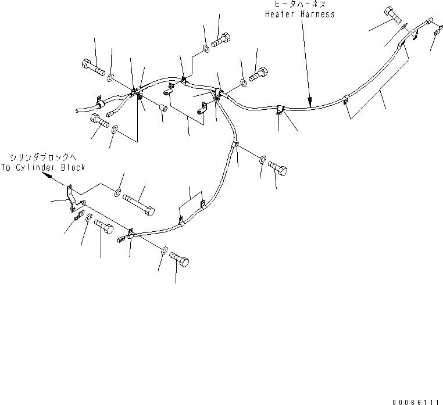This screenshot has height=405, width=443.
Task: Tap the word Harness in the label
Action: (x=317, y=14)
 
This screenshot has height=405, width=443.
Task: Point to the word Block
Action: (x=73, y=167)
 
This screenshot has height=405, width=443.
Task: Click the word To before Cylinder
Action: (x=6, y=167)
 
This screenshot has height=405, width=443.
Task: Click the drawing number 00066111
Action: (x=416, y=402)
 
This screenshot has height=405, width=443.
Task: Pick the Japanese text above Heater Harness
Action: (x=300, y=4)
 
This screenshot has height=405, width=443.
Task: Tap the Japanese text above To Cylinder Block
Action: (x=43, y=157)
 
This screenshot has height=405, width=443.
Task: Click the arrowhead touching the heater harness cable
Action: (x=310, y=101)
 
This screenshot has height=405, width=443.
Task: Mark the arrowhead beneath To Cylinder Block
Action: (x=47, y=176)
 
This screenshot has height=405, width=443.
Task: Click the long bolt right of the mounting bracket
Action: (x=139, y=205)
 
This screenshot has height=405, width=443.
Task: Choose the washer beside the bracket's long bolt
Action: (x=117, y=192)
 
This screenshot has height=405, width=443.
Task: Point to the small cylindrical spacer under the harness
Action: (x=163, y=108)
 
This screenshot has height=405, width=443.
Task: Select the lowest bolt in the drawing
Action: (x=179, y=260)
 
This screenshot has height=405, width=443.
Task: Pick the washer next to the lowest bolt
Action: (x=164, y=250)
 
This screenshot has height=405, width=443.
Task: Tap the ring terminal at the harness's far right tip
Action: (x=438, y=30)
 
